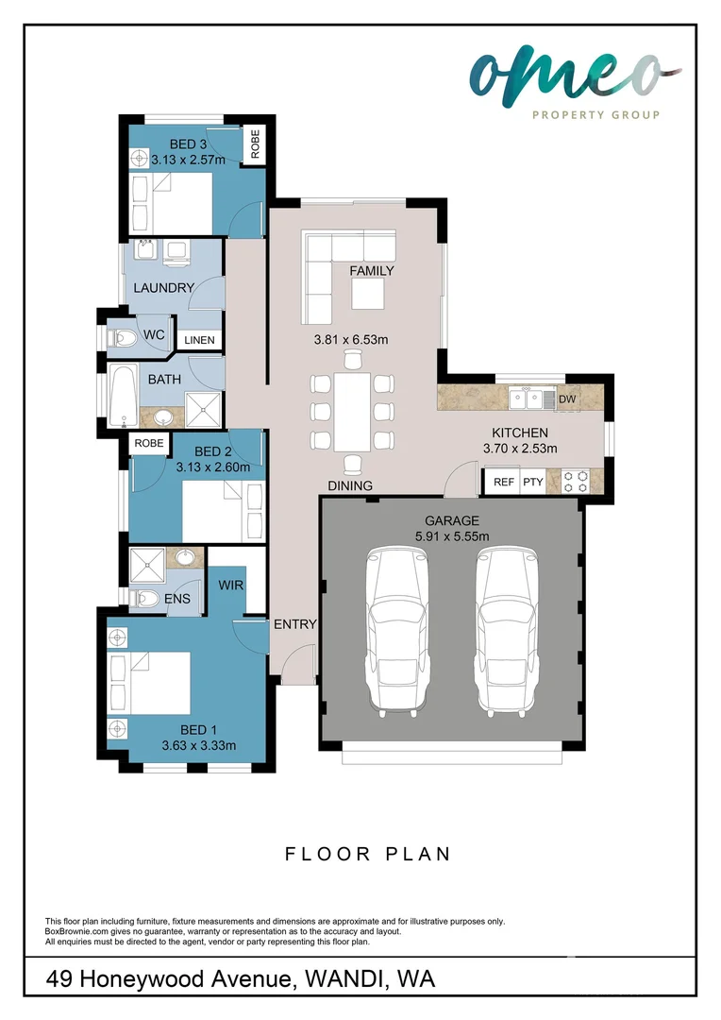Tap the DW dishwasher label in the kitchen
(x=566, y=399)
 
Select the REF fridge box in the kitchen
(x=504, y=482)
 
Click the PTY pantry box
(x=533, y=482)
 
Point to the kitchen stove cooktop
(x=576, y=482)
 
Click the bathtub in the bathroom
(x=122, y=394)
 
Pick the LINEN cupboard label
(x=199, y=340)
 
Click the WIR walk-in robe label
(x=231, y=586)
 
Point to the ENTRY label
(x=294, y=624)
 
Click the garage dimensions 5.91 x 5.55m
(x=452, y=536)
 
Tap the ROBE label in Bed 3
(x=255, y=145)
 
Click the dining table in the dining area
(x=353, y=412)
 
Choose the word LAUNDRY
(x=164, y=288)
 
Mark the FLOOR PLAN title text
(x=368, y=854)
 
